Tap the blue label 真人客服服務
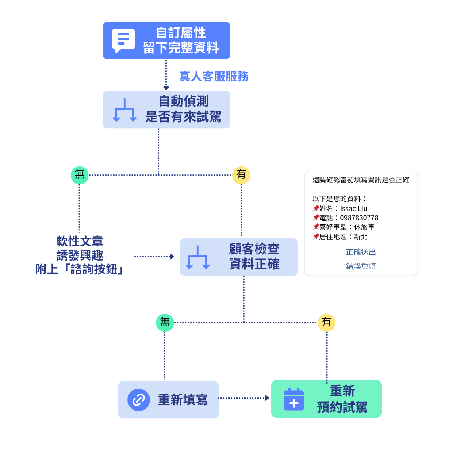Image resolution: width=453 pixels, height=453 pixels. pos(214,77)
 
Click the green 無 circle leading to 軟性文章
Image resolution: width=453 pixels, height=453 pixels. pos(80,175)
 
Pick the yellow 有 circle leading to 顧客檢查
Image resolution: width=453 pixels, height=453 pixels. pos(241,175)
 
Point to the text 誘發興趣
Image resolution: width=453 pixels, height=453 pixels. pos(80,255)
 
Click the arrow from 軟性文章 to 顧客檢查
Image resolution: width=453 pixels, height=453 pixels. pos(154,257)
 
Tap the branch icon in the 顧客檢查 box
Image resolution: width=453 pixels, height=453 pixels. pos(198,257)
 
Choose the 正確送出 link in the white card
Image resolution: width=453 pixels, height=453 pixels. pos(361,252)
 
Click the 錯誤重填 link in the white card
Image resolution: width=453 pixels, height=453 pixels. pos(361,266)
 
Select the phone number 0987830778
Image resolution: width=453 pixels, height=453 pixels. pos(359,218)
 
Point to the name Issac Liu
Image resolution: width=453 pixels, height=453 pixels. pos(353,209)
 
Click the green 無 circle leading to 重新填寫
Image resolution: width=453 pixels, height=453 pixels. pos(165,322)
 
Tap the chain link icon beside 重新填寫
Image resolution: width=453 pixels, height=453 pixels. pos(138,400)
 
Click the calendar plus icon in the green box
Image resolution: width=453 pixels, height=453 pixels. pos(294,399)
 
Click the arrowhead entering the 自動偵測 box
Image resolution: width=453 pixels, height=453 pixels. pos(166,88)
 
